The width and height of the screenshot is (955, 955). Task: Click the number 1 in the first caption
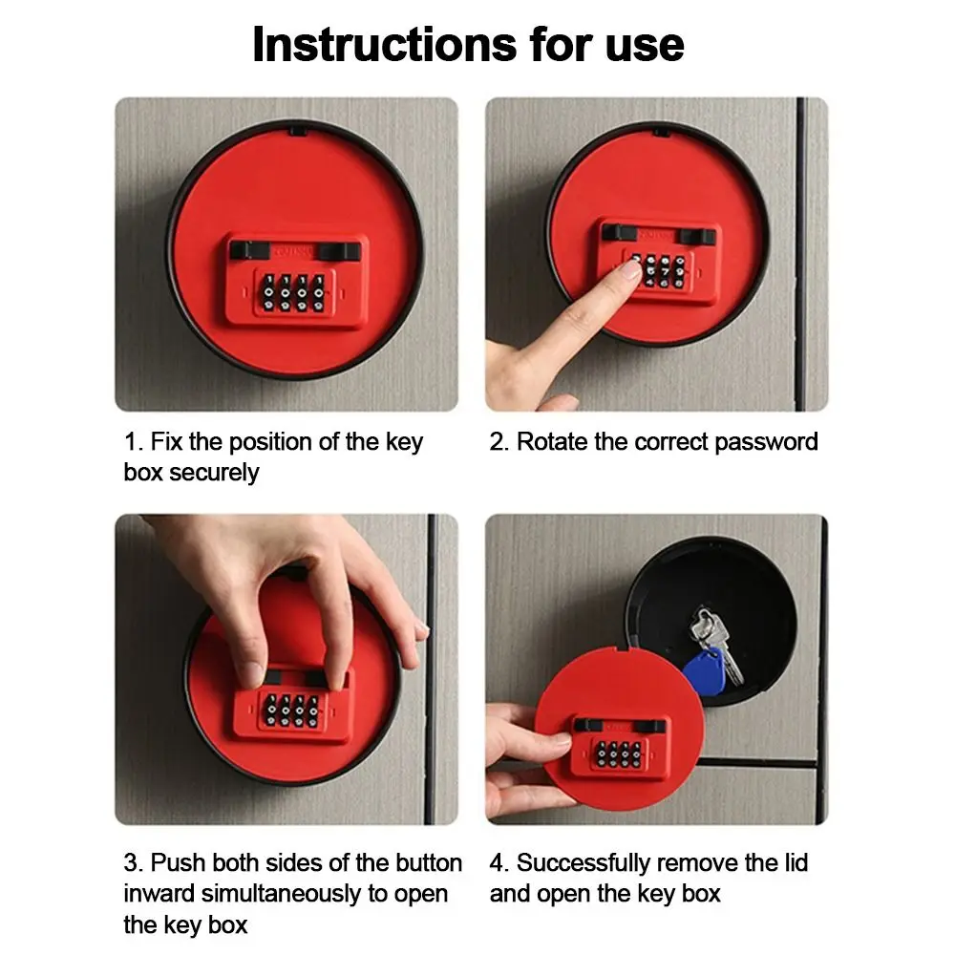point(130,442)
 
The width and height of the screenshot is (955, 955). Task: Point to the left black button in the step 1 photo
point(243,250)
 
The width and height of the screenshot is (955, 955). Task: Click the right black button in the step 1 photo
point(341,250)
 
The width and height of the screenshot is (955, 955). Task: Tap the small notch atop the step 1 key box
point(295,127)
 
